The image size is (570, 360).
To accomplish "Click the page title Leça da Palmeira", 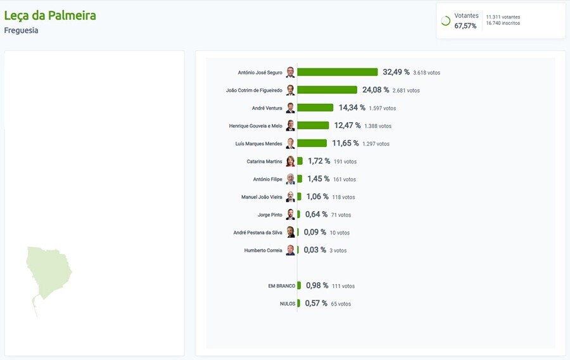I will [x=50, y=15].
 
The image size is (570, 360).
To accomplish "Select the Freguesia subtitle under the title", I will [x=21, y=30].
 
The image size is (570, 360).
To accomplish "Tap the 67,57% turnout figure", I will [x=465, y=26].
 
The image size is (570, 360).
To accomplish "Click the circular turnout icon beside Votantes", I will [x=445, y=21].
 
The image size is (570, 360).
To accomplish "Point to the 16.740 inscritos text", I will [x=503, y=23].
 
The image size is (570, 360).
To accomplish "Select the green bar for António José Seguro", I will [x=337, y=72].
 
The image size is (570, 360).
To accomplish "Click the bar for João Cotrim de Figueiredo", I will [x=327, y=90].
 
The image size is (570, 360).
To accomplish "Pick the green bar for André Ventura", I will [x=315, y=108].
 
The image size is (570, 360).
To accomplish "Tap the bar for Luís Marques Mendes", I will [x=312, y=143].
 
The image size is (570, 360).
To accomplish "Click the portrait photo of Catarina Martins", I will [x=290, y=161].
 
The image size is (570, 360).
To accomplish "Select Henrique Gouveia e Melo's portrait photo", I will [x=290, y=125].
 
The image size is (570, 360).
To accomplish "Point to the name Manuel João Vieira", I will [x=262, y=197].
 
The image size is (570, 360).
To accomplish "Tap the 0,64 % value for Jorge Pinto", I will [x=316, y=215].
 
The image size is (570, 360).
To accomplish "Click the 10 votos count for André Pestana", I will [x=339, y=233].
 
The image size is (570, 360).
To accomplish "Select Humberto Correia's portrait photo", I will [x=290, y=250].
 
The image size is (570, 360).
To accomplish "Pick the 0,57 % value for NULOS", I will [x=316, y=304].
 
